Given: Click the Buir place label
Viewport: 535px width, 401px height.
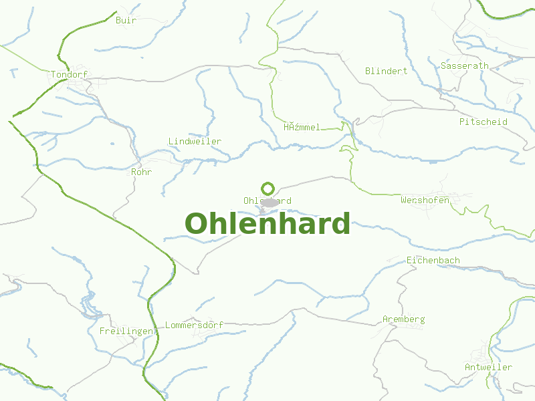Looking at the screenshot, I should tap(126, 20).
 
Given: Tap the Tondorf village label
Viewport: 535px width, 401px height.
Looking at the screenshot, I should tap(70, 75).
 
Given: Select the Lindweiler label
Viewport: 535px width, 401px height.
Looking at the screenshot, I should tap(195, 142).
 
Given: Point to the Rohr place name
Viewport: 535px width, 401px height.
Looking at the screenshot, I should tap(142, 172).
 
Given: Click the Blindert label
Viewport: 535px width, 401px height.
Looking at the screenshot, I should tap(386, 71).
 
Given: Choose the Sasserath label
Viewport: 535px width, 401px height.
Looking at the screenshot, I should tap(464, 65).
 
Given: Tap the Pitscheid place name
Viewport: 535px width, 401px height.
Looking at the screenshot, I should tap(483, 122).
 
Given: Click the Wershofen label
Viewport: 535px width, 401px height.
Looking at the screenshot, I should tap(425, 200).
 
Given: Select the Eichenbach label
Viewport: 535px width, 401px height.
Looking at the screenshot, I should tap(433, 259).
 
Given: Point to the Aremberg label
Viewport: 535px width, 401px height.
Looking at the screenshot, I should tap(403, 319).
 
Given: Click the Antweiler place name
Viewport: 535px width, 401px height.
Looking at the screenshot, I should tap(488, 367).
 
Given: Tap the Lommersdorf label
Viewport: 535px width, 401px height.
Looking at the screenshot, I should tap(194, 325).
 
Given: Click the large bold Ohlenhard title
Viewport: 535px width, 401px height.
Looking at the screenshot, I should tap(267, 224).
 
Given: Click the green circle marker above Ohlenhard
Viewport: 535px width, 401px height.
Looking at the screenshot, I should tap(267, 188).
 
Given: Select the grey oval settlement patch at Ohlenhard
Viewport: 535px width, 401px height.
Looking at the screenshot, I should tap(269, 202).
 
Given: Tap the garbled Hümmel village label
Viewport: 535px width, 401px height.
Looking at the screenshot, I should tap(302, 127).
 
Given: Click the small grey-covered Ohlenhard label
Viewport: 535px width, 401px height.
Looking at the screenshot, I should tap(251, 200).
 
